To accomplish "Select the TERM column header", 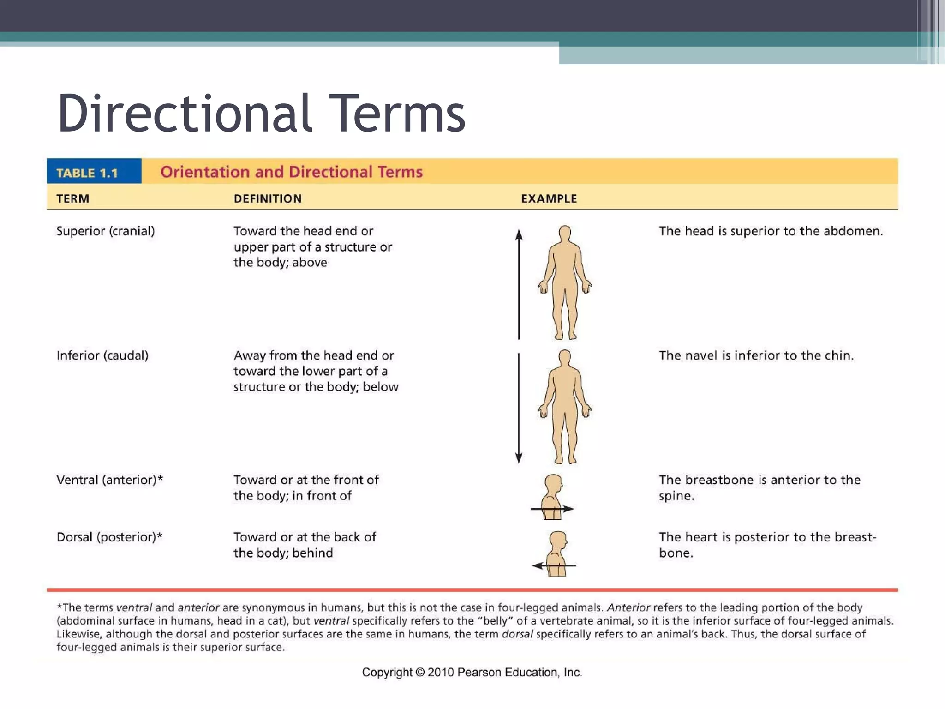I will pyautogui.click(x=73, y=199).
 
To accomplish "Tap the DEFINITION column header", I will pyautogui.click(x=268, y=199).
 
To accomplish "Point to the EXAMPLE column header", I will pyautogui.click(x=549, y=199).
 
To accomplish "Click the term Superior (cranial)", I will pyautogui.click(x=105, y=231).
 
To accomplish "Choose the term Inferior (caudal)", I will pyautogui.click(x=102, y=355).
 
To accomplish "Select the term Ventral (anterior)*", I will pyautogui.click(x=109, y=480).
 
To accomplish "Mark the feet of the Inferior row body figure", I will pyautogui.click(x=565, y=459).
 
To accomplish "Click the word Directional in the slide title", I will pyautogui.click(x=185, y=114).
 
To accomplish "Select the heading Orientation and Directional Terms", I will pyautogui.click(x=291, y=172).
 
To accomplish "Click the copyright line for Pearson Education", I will pyautogui.click(x=472, y=673).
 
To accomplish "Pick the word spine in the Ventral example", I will pyautogui.click(x=676, y=496).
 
